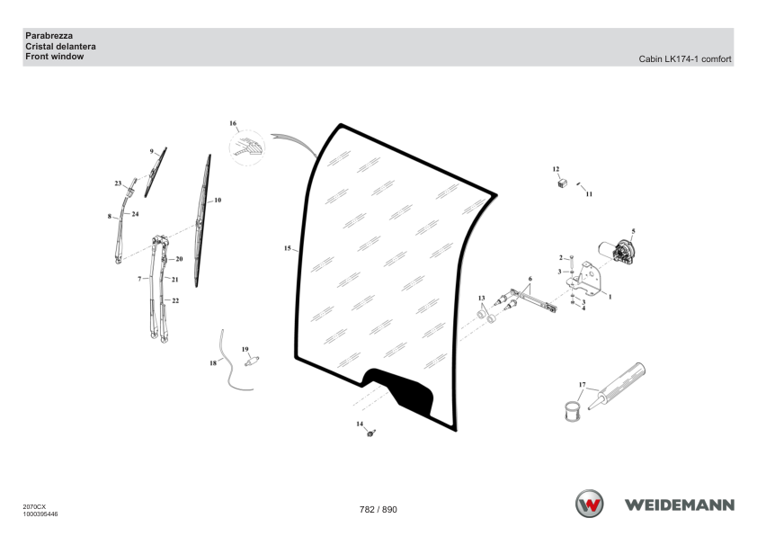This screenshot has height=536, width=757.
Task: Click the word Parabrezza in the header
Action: pos(49,36)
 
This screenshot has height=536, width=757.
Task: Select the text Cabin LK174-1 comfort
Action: pos(684,59)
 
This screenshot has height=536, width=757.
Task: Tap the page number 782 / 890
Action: pos(378,509)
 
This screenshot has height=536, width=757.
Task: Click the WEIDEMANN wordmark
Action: pos(680,505)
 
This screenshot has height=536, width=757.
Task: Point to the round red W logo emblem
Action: pos(589,504)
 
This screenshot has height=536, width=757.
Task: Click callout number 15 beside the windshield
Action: pos(288,248)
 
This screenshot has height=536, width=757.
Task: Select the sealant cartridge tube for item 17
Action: pos(617,386)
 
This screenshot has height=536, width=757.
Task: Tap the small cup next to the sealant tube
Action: pos(574,411)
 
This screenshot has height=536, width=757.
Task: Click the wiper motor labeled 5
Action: pos(617,252)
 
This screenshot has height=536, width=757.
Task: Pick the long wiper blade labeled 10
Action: pos(202,221)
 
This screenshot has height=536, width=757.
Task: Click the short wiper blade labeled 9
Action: pos(156,172)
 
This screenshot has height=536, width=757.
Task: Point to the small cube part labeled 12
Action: pos(562,183)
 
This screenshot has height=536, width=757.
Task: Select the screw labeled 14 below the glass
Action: pos(370,433)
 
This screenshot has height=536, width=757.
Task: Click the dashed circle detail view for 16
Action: pos(246,147)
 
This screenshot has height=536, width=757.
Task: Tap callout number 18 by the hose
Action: pos(213,363)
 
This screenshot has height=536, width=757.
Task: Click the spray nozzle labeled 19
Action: pos(252,361)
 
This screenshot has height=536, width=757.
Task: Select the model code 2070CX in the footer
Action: pos(34,507)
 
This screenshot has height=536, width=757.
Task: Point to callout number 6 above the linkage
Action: pos(530,279)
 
